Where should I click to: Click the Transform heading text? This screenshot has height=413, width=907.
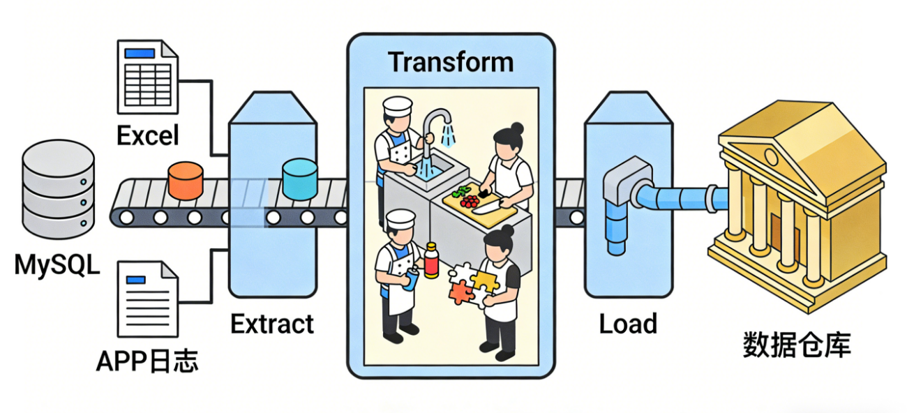pos(451,62)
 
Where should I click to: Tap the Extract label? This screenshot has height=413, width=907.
pos(272,324)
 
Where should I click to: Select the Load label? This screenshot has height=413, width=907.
pos(628,324)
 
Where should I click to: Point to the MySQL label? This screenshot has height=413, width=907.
pos(57,265)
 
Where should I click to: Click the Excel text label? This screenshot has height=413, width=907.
pos(148,135)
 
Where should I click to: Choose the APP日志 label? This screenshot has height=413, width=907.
pos(147,361)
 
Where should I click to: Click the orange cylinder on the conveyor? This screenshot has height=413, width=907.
pos(186,181)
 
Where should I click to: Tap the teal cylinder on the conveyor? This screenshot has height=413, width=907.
pos(299,179)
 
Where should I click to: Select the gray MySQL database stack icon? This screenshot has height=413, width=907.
pos(59,190)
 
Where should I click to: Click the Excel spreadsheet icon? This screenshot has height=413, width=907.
pos(147,77)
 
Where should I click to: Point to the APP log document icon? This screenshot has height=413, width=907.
pos(147,299)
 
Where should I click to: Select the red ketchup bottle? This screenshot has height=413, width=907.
pos(431,260)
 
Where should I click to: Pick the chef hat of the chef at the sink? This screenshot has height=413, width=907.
pos(398,107)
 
